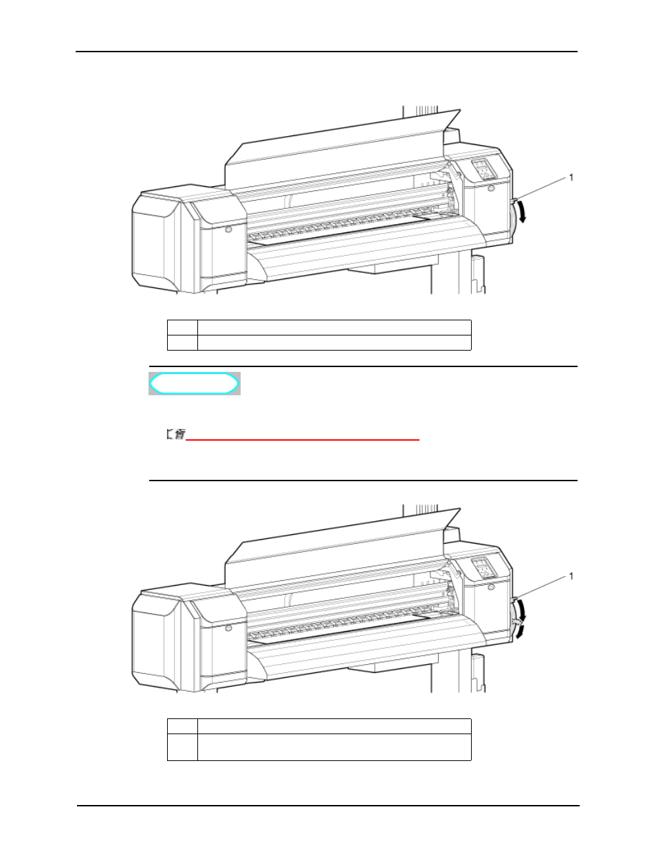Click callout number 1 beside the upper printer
click(571, 178)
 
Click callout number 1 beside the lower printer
click(571, 576)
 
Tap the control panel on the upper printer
click(483, 169)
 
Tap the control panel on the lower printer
click(483, 568)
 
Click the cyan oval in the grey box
click(194, 384)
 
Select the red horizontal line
click(303, 440)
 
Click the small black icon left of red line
click(176, 434)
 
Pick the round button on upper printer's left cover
click(228, 230)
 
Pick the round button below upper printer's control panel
click(492, 188)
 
